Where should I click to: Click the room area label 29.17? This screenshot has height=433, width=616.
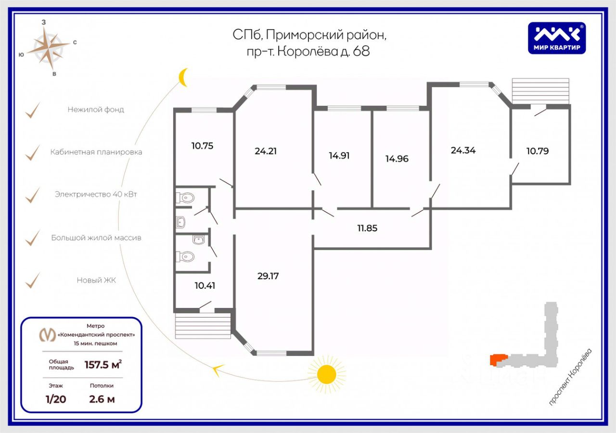pyautogui.click(x=268, y=276)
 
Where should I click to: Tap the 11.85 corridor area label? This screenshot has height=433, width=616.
pyautogui.click(x=367, y=228)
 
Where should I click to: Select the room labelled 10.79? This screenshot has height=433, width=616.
pyautogui.click(x=538, y=151)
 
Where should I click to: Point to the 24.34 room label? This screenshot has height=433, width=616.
pyautogui.click(x=463, y=151)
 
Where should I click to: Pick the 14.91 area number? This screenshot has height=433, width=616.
pyautogui.click(x=339, y=155)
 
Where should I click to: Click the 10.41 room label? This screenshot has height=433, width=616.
pyautogui.click(x=205, y=286)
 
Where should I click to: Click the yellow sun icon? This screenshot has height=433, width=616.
pyautogui.click(x=326, y=374)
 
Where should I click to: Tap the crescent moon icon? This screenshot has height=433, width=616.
pyautogui.click(x=183, y=77)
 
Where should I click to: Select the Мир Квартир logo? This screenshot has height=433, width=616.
pyautogui.click(x=557, y=38)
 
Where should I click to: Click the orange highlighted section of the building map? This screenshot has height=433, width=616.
pyautogui.click(x=498, y=360)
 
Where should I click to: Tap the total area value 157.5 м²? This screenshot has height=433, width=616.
pyautogui.click(x=103, y=365)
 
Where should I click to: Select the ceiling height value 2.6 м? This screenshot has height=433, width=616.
pyautogui.click(x=102, y=399)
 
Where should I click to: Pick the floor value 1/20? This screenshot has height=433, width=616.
pyautogui.click(x=56, y=399)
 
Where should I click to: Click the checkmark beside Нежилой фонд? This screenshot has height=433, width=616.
pyautogui.click(x=32, y=110)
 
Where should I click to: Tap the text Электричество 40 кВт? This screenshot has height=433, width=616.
pyautogui.click(x=96, y=194)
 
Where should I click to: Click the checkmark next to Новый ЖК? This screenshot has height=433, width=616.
pyautogui.click(x=32, y=280)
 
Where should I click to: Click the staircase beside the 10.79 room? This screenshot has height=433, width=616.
pyautogui.click(x=540, y=91)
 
